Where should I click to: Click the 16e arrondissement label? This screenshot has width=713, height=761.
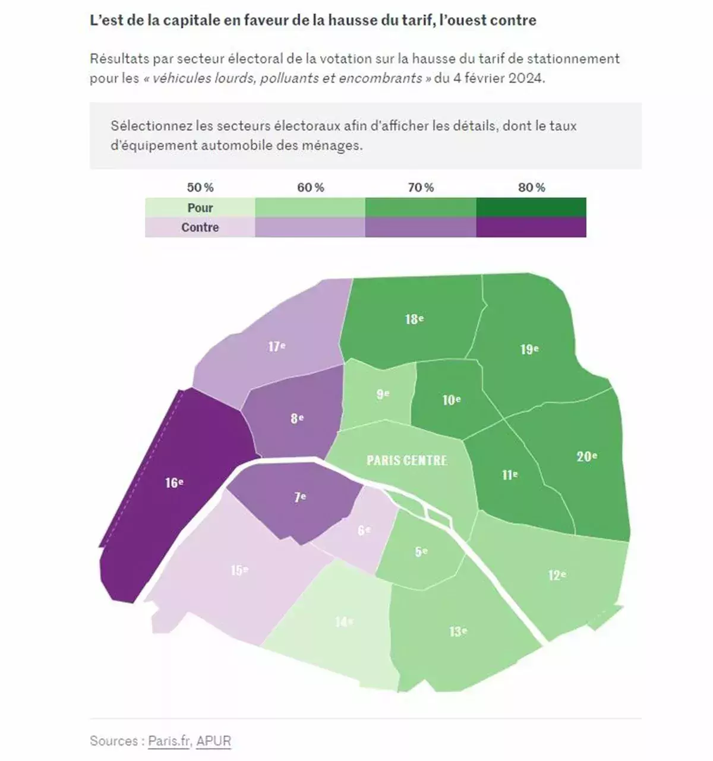174,482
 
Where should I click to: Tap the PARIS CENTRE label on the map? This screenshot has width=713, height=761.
407,460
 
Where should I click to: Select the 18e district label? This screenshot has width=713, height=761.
415,319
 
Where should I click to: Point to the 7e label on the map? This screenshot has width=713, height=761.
300,497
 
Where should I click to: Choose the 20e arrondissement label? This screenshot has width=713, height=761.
586,456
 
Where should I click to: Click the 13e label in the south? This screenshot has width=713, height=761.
458,631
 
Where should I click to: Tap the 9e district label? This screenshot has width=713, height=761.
383,393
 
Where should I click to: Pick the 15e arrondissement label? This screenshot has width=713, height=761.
239,570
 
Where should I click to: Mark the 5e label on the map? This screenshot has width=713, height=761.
421,551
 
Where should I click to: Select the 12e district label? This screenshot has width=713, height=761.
557,574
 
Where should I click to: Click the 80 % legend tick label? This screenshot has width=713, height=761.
531,188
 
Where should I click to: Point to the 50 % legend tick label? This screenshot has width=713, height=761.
200,188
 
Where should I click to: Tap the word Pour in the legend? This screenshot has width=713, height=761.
200,208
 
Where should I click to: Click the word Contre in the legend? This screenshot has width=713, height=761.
200,228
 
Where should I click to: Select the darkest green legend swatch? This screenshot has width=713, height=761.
531,208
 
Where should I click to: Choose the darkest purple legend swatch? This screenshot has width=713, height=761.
531,228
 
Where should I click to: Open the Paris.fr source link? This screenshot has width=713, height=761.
169,741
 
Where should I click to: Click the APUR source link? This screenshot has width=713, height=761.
214,741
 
